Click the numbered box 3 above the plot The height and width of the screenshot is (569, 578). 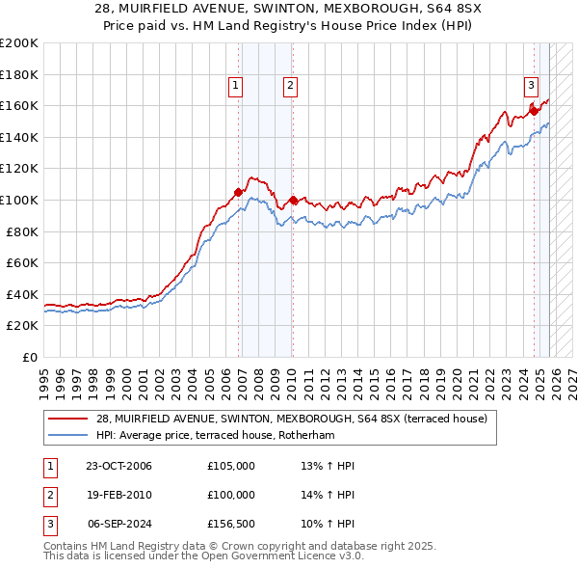[530, 85]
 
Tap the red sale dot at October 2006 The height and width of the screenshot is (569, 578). [238, 192]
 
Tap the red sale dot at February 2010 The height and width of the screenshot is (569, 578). [293, 200]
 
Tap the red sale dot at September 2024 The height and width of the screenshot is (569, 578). [534, 111]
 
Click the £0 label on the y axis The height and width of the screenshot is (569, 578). [28, 357]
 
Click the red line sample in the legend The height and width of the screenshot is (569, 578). [68, 420]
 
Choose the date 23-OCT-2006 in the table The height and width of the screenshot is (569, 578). [118, 466]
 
